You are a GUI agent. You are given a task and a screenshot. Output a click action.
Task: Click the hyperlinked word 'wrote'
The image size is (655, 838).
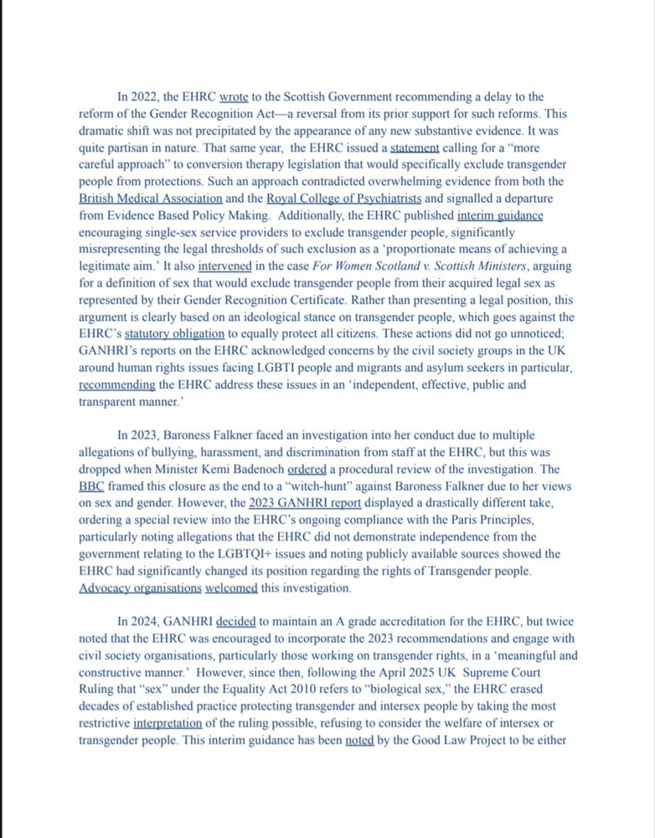pos(234,96)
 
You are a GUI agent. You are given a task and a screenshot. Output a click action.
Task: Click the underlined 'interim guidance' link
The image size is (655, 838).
pos(500,215)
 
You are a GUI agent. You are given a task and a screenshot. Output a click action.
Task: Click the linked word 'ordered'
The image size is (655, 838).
pos(308,469)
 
